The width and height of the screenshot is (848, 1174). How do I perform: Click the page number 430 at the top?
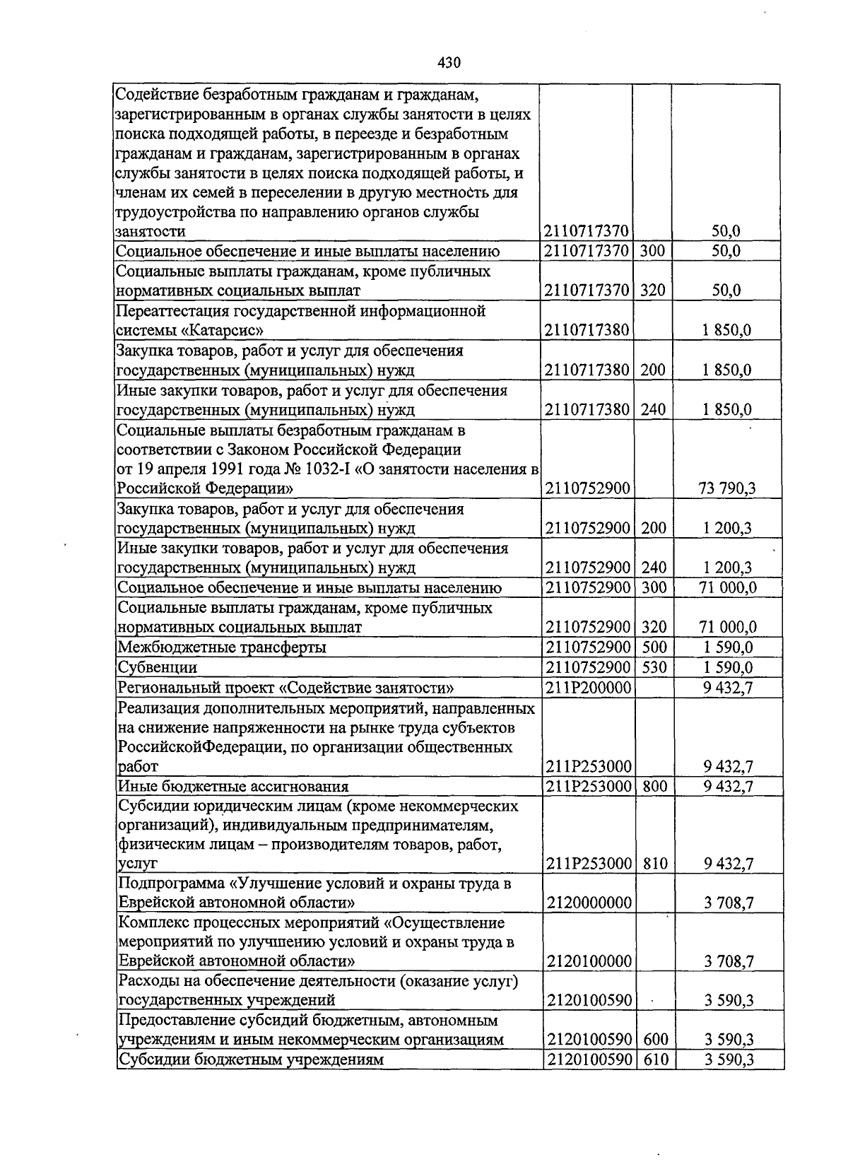tap(449, 63)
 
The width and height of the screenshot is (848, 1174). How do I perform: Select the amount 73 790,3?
tap(727, 488)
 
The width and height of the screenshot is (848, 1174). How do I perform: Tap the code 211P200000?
tap(588, 688)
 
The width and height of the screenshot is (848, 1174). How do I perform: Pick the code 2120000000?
tap(588, 903)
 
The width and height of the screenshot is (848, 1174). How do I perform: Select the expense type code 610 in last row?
tap(655, 1059)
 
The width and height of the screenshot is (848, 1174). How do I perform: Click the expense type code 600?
tap(655, 1040)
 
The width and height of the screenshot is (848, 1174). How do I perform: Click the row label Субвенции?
tap(157, 667)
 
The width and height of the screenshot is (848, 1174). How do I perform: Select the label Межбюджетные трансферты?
tap(222, 647)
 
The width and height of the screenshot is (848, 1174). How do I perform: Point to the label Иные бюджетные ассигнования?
tap(233, 786)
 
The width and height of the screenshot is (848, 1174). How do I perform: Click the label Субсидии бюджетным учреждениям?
tap(250, 1059)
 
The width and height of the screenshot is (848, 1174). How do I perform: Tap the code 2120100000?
tap(588, 961)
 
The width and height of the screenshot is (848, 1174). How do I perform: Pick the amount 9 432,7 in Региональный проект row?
tap(728, 688)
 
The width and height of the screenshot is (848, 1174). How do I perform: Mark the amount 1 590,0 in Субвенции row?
tap(728, 667)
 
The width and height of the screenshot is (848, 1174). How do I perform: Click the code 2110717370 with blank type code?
tap(588, 231)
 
